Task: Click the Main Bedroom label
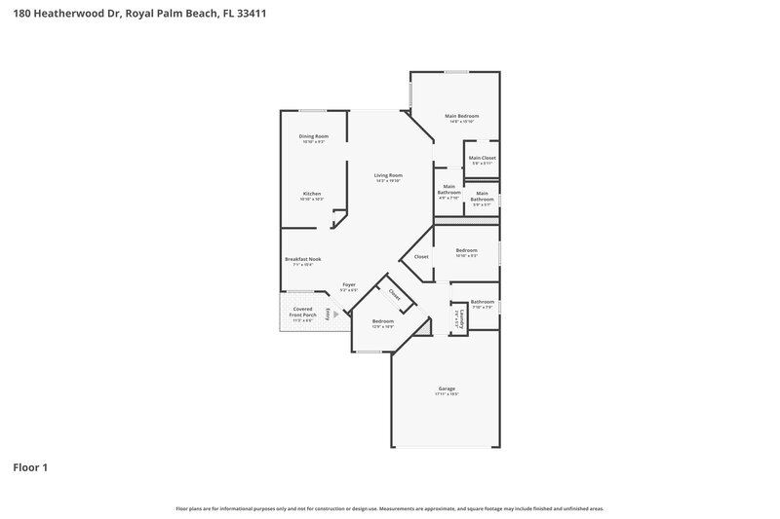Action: (462, 116)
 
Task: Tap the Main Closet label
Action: (483, 158)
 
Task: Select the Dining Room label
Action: (313, 136)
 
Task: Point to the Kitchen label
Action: (312, 194)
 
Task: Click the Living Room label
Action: (388, 175)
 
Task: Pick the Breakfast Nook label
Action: (303, 259)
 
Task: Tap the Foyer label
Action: (348, 284)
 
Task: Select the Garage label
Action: (446, 389)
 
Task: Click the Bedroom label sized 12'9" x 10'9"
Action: (382, 321)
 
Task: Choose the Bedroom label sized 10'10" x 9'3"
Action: (467, 251)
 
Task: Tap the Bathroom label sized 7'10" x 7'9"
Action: (483, 302)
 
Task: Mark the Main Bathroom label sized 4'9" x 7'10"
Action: (448, 189)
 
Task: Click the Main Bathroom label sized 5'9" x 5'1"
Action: (483, 197)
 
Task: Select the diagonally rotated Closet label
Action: (395, 292)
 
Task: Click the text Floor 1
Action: (30, 467)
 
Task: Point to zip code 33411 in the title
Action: (250, 15)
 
